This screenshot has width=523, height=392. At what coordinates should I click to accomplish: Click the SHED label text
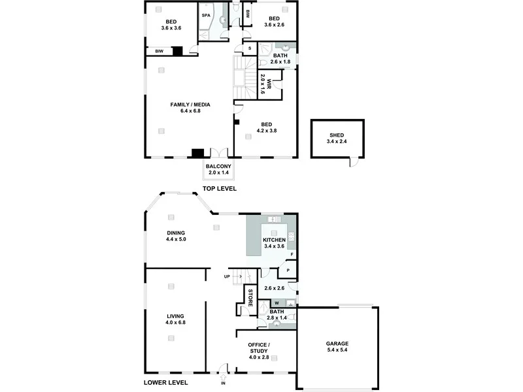coord(337,135)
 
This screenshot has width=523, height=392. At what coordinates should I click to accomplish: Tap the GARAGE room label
coord(337,344)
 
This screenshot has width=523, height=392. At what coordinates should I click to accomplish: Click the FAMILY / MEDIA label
coord(190,105)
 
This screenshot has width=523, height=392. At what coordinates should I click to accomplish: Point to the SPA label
coord(205,15)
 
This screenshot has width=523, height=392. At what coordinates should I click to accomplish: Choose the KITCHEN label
coord(275,240)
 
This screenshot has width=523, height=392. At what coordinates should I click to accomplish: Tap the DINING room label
coord(176,233)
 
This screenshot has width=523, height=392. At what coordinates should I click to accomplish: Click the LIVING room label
coord(176,316)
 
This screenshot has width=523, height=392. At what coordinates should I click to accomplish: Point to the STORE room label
coord(250,297)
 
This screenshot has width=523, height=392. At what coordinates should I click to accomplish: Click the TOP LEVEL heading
coord(219,189)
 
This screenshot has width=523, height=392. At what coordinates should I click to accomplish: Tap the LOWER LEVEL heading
coord(165,383)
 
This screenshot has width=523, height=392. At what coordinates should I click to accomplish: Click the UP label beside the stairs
coord(227,276)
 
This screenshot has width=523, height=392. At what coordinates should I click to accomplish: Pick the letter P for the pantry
coord(288,270)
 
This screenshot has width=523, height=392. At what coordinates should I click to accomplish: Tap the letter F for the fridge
coord(292,254)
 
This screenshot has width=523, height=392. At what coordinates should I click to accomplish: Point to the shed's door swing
coord(354,161)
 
